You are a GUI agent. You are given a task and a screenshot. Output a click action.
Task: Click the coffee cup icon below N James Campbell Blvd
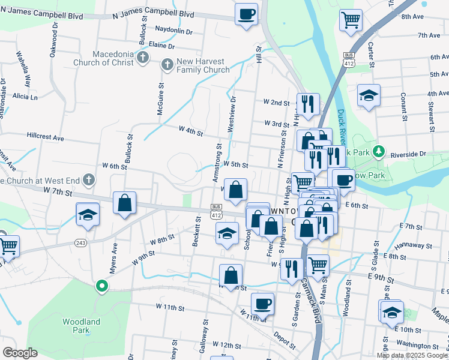click(x=246, y=14)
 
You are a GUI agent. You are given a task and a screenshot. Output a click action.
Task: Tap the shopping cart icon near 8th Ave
click(x=351, y=19)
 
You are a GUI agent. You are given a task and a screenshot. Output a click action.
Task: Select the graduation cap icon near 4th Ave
click(x=369, y=95)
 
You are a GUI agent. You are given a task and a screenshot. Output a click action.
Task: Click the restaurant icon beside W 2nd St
click(x=307, y=104)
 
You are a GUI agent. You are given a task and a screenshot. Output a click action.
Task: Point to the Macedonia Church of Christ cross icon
click(x=142, y=57)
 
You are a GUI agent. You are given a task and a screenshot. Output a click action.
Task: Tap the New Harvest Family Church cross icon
click(x=168, y=63)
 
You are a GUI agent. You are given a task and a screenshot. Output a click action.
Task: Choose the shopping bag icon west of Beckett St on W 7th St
click(x=124, y=203)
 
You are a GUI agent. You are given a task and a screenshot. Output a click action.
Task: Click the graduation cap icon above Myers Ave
click(x=88, y=215)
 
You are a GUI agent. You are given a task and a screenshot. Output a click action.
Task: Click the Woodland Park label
click(x=81, y=326)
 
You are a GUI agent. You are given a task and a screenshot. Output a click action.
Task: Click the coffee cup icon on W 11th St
click(x=262, y=304)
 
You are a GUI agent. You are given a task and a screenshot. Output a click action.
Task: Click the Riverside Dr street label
click(x=408, y=154)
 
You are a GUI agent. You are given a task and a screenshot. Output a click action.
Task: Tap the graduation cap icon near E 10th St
click(x=391, y=312)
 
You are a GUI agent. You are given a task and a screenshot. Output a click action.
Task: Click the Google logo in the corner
click(x=20, y=353)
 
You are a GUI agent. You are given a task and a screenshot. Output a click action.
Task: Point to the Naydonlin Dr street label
click(x=173, y=31)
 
